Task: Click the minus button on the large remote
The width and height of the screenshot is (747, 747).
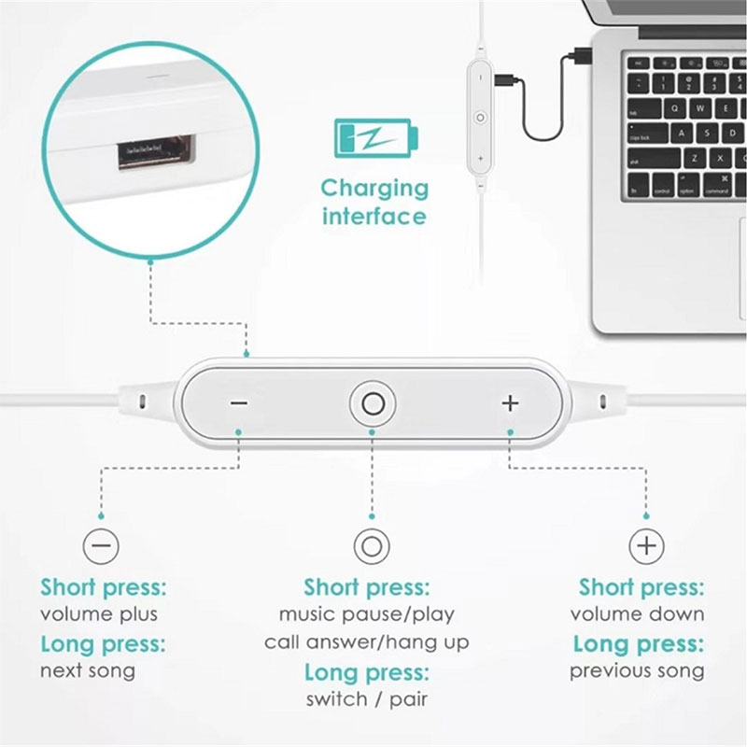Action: click(x=239, y=403)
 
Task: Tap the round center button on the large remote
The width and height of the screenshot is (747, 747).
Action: click(x=373, y=404)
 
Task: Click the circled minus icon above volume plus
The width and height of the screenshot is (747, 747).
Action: click(x=101, y=545)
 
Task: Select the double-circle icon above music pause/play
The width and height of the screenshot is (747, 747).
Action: click(x=372, y=546)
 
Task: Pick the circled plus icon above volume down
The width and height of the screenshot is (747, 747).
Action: click(x=646, y=545)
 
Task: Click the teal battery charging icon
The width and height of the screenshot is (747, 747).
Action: click(x=376, y=138)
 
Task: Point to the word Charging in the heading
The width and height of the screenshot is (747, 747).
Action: click(x=375, y=190)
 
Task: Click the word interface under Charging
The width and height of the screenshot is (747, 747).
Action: click(x=374, y=216)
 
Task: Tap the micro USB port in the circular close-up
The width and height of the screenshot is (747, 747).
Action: click(x=157, y=151)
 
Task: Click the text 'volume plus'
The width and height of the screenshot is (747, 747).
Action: click(x=99, y=614)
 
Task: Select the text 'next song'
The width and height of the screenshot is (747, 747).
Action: click(x=88, y=670)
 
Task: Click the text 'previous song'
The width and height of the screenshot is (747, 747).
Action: click(x=637, y=670)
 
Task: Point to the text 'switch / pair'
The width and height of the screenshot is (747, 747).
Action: click(x=367, y=699)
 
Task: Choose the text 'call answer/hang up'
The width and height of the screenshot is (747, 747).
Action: click(x=367, y=642)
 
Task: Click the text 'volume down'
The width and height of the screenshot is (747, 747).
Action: click(x=638, y=614)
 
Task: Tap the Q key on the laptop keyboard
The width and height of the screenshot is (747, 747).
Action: click(x=675, y=108)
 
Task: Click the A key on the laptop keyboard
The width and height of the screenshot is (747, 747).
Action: click(x=682, y=133)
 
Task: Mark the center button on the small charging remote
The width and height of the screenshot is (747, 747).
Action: click(x=480, y=118)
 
